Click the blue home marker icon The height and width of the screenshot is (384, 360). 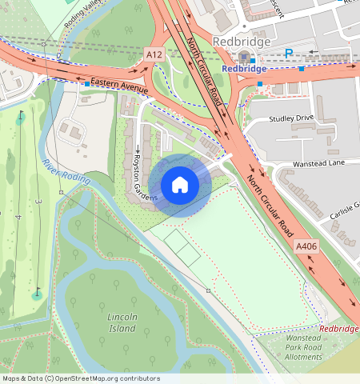click(180, 185)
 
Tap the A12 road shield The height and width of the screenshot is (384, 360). click(154, 53)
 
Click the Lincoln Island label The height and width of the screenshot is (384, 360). click(122, 323)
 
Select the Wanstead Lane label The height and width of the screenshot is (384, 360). click(301, 163)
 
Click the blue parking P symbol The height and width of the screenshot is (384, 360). click(289, 53)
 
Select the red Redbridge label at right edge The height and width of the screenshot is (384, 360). click(339, 329)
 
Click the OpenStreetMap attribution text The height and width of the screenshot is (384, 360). click(81, 378)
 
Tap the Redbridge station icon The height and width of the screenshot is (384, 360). click(243, 54)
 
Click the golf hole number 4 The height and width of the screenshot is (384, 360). click(18, 217)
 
